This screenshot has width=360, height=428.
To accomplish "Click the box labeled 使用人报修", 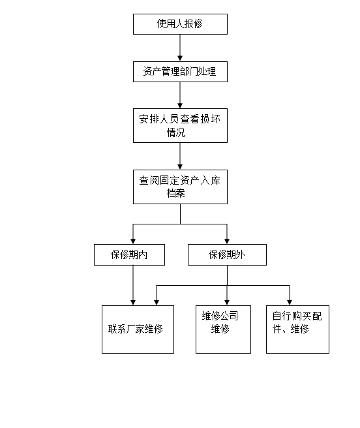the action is pyautogui.click(x=180, y=24).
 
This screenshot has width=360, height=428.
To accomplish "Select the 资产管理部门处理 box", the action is pyautogui.click(x=180, y=72).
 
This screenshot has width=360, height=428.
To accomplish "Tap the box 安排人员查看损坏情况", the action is pyautogui.click(x=180, y=125).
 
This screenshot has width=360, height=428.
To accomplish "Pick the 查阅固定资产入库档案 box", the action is pyautogui.click(x=180, y=187).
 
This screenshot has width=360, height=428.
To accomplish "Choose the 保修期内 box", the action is pyautogui.click(x=129, y=254).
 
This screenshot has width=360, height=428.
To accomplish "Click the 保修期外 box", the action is pyautogui.click(x=227, y=254).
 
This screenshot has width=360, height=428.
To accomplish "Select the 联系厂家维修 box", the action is pyautogui.click(x=138, y=329).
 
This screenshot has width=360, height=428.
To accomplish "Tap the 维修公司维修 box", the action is pyautogui.click(x=223, y=329).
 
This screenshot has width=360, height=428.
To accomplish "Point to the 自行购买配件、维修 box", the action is pyautogui.click(x=298, y=329).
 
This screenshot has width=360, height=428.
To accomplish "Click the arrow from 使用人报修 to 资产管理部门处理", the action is pyautogui.click(x=180, y=48).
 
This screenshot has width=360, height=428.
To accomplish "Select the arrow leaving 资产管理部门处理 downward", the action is pyautogui.click(x=180, y=95).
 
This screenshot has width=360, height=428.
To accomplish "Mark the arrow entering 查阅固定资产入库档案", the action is pyautogui.click(x=180, y=156).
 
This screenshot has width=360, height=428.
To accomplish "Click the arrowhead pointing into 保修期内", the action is pyautogui.click(x=133, y=241).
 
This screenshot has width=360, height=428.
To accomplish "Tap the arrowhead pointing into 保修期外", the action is pyautogui.click(x=227, y=241).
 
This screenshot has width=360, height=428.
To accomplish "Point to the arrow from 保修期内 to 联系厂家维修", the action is pyautogui.click(x=133, y=285).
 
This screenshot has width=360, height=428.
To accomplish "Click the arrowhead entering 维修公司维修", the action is pyautogui.click(x=227, y=303).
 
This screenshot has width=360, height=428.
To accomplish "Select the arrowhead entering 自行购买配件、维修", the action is pyautogui.click(x=290, y=303).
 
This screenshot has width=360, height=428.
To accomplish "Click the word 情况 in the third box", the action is pyautogui.click(x=176, y=132).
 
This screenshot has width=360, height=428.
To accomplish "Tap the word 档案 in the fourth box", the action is pyautogui.click(x=176, y=193).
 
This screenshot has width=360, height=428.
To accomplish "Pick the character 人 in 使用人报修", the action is pyautogui.click(x=180, y=23).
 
